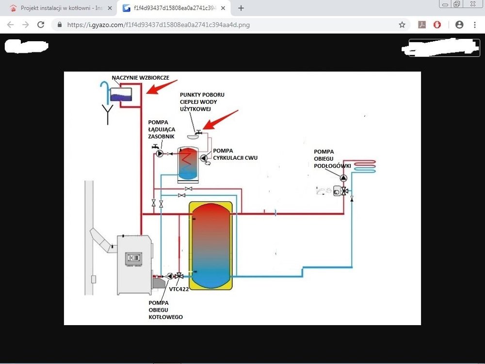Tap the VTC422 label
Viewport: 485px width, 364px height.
click(178, 289)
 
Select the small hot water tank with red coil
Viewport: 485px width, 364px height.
click(188, 163)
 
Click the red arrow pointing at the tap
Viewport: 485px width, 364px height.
click(221, 120)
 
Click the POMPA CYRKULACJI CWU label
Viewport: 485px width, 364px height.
click(235, 154)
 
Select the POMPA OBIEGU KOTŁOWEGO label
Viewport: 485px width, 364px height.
click(165, 310)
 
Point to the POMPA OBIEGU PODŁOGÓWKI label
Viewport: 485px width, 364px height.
click(332, 159)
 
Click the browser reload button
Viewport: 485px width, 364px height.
click(41, 25)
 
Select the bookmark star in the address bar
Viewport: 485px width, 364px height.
click(402, 25)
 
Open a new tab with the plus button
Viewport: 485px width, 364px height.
click(241, 8)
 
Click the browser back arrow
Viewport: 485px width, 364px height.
click(11, 25)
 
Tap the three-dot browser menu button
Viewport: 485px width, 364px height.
click(474, 25)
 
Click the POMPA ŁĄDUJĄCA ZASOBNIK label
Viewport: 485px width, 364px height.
click(162, 130)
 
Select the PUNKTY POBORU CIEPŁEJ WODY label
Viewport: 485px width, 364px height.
click(202, 102)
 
